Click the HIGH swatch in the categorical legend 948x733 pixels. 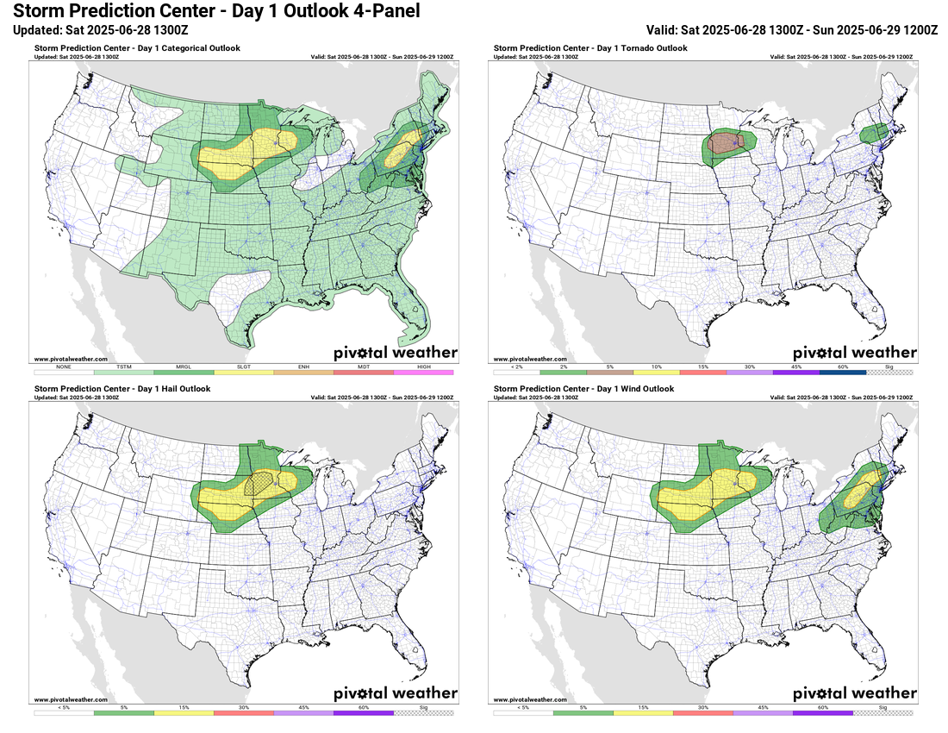point(423,372)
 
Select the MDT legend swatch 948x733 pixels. point(363,372)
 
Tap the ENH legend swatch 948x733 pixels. point(303,372)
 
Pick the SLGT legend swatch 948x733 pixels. point(243,372)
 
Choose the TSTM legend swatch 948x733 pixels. point(123,372)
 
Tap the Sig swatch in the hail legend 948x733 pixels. point(423,713)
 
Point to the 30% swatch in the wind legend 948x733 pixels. point(702,713)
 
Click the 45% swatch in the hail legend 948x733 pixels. point(303,713)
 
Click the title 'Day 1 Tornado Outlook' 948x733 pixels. point(590,48)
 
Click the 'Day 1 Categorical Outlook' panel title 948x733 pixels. point(137,48)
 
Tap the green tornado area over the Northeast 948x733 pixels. point(875,133)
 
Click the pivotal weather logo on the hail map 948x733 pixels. point(396,693)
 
